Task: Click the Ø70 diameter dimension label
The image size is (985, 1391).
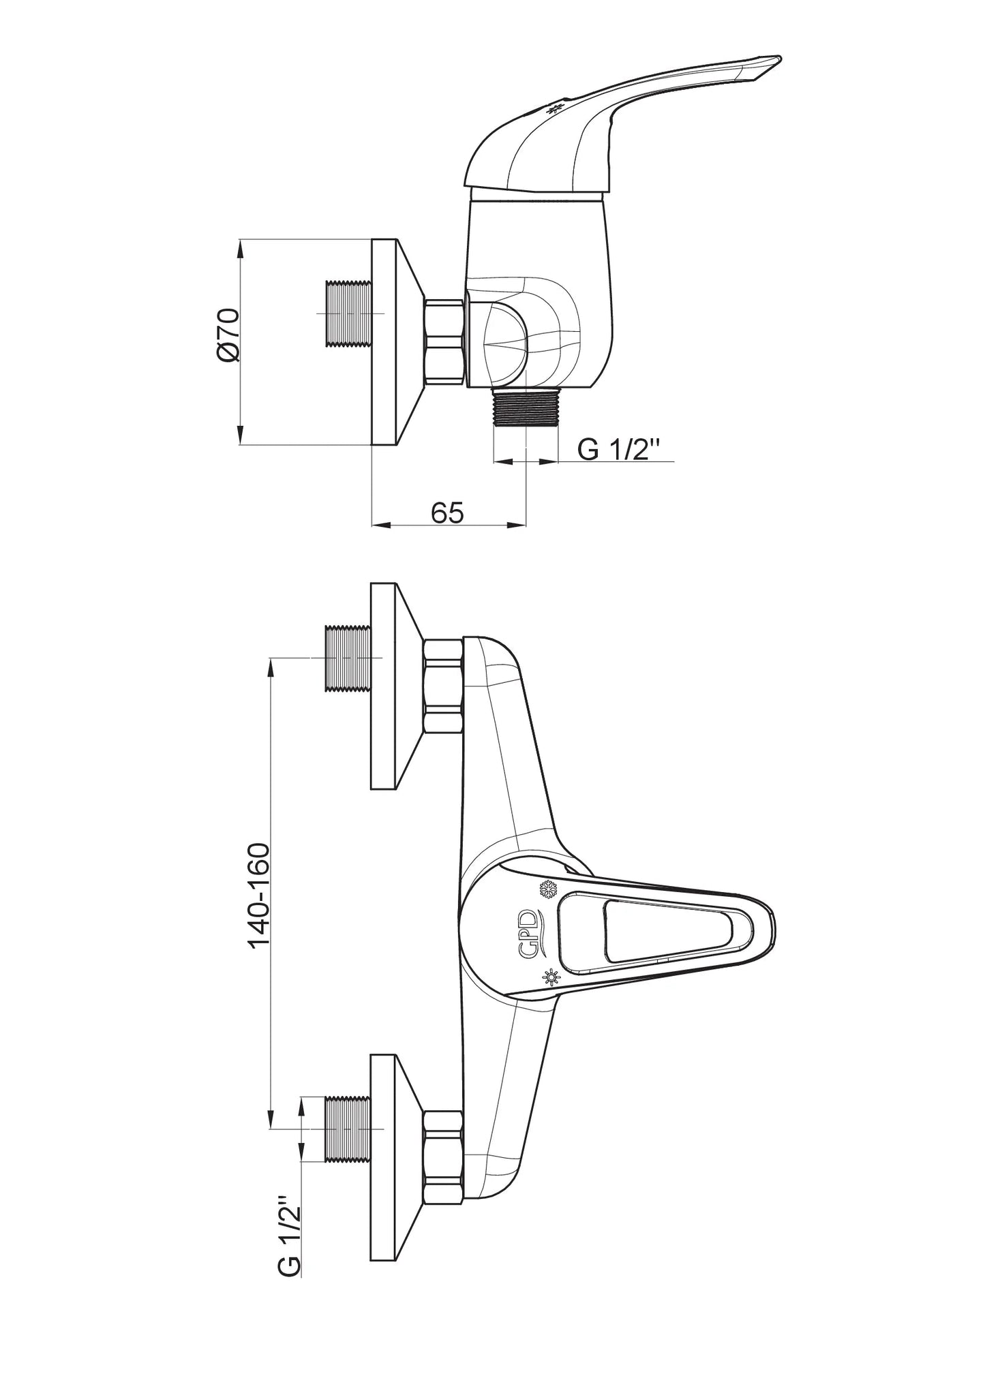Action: pyautogui.click(x=229, y=334)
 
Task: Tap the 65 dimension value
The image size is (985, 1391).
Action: pyautogui.click(x=447, y=512)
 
